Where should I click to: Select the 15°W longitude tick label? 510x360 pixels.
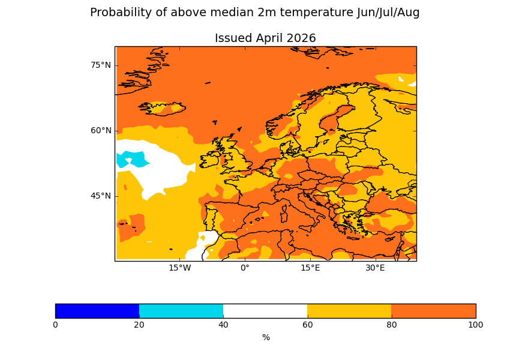point(179,268)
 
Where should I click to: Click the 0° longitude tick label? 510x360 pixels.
point(245,268)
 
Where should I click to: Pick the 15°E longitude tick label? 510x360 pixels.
point(310,268)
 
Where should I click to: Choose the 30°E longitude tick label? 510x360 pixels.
point(375,268)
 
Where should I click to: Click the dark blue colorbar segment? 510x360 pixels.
point(97,311)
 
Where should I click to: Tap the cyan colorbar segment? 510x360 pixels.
point(181,311)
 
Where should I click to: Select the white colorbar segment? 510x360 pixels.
point(265,311)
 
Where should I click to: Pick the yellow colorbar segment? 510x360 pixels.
point(349,311)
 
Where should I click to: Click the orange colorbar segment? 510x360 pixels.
point(433,311)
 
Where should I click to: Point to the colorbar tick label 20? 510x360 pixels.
point(139,325)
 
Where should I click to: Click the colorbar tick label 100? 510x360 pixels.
point(475,325)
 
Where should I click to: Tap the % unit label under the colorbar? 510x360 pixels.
point(266,338)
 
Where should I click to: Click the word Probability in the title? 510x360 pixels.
point(120,13)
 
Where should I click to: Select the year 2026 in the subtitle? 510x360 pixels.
point(301,38)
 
